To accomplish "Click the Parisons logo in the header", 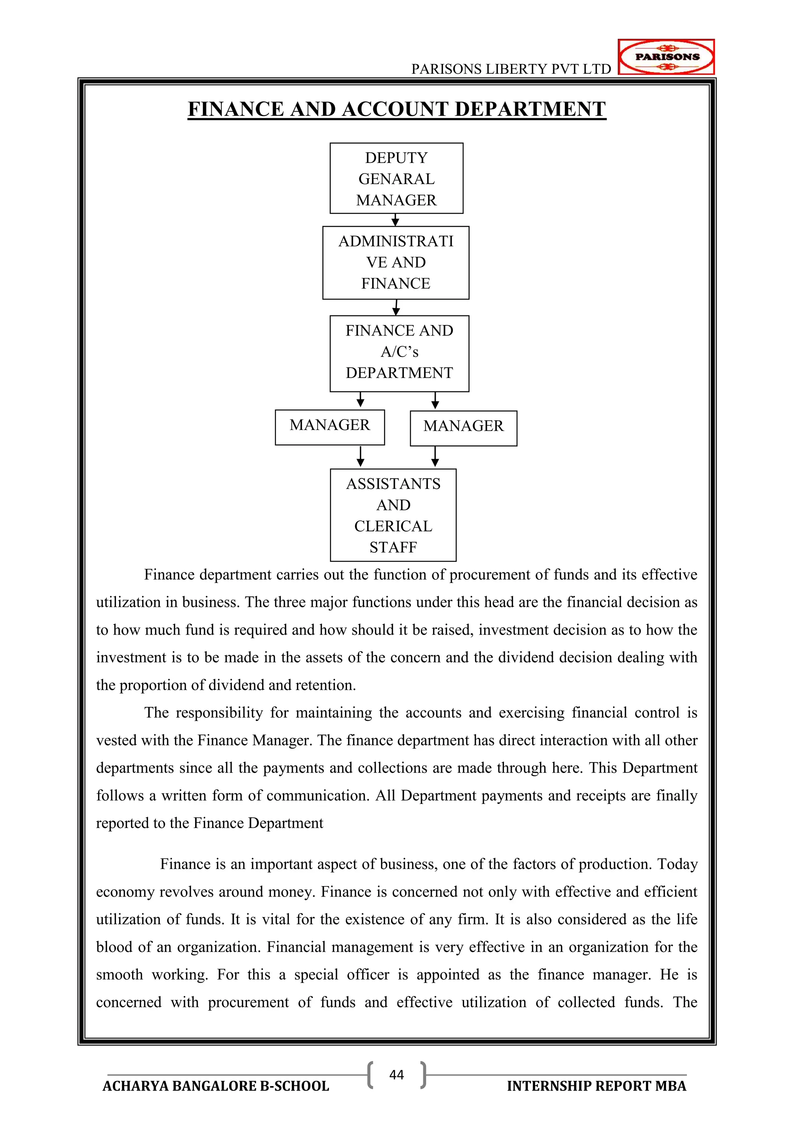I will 666,57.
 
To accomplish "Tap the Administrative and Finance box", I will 395,263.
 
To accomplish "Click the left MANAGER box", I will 330,427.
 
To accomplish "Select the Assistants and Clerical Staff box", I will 393,515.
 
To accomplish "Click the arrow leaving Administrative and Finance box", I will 396,307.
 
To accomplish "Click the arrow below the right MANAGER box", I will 435,457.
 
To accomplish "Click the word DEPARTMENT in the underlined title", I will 530,109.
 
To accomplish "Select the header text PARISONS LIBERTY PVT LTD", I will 511,69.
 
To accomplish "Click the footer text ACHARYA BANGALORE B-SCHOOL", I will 216,1086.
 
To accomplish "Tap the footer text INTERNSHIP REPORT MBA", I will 597,1086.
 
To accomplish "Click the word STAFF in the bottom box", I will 393,547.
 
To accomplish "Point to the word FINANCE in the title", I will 236,109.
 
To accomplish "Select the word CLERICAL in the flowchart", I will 393,526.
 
